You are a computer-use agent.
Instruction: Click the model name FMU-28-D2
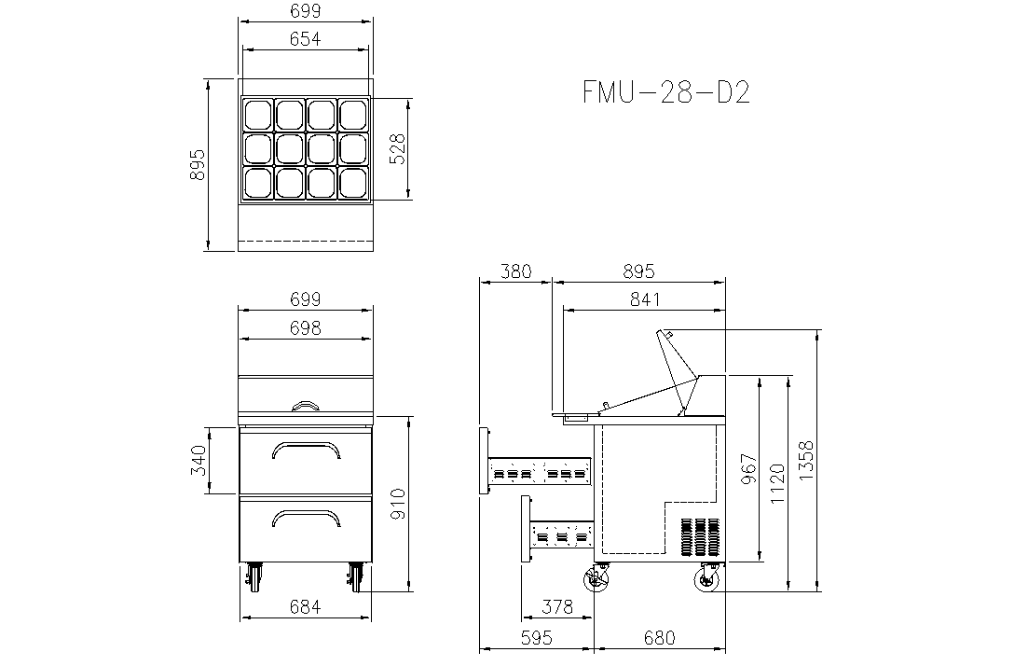(x=666, y=92)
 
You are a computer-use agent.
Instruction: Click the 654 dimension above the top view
(x=306, y=39)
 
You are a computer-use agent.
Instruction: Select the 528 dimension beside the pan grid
(x=398, y=149)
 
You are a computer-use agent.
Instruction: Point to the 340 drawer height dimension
(x=199, y=461)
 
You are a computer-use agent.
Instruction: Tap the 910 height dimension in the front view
(x=398, y=504)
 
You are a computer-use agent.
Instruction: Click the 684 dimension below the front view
(x=306, y=607)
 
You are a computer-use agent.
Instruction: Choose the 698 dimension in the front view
(x=306, y=327)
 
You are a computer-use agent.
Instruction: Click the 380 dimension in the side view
(x=516, y=271)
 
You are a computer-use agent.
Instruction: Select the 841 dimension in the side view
(x=645, y=299)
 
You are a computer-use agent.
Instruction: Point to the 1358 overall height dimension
(x=806, y=461)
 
